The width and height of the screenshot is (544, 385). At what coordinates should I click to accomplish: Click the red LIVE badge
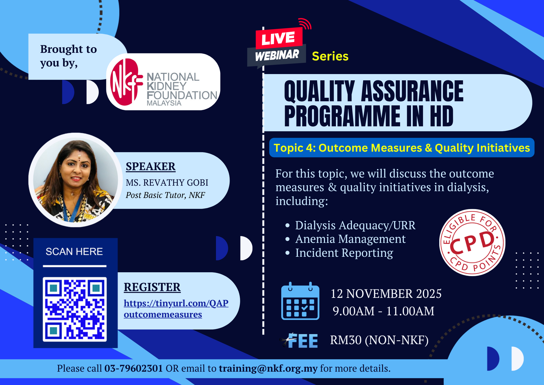pyautogui.click(x=279, y=38)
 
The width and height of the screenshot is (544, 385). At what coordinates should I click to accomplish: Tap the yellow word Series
pyautogui.click(x=330, y=56)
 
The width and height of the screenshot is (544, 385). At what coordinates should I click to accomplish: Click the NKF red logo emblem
pyautogui.click(x=126, y=82)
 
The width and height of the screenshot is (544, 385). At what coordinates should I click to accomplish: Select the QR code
pyautogui.click(x=75, y=309)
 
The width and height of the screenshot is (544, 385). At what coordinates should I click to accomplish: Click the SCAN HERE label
pyautogui.click(x=74, y=252)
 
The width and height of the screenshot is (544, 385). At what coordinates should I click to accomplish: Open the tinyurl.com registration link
pyautogui.click(x=176, y=309)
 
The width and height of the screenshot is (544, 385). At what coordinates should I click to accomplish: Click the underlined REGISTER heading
pyautogui.click(x=152, y=287)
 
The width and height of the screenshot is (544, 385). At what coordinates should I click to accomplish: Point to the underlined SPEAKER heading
pyautogui.click(x=151, y=166)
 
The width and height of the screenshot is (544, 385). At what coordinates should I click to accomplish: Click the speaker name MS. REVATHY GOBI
pyautogui.click(x=167, y=182)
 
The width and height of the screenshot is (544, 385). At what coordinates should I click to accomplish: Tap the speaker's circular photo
pyautogui.click(x=75, y=180)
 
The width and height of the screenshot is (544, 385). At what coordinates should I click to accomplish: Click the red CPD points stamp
pyautogui.click(x=472, y=243)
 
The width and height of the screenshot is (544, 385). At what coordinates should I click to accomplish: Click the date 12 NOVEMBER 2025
pyautogui.click(x=386, y=294)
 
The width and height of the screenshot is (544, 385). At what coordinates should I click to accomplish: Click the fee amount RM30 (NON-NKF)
pyautogui.click(x=379, y=340)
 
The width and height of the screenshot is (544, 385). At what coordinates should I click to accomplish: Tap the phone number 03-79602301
pyautogui.click(x=134, y=368)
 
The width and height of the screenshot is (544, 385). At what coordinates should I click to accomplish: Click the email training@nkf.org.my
pyautogui.click(x=268, y=369)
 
